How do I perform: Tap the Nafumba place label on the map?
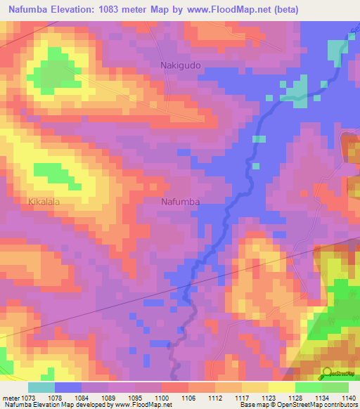pos(181,202)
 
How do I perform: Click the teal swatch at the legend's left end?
pos(41,387)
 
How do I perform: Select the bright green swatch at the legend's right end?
pos(335,387)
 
